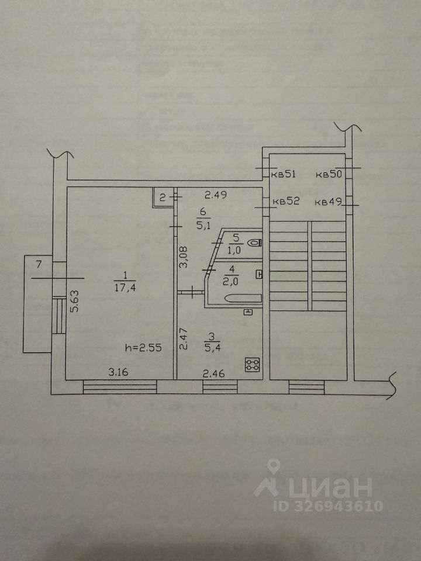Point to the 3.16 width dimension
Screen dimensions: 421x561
(x=117, y=370)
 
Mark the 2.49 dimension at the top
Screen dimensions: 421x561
(x=215, y=195)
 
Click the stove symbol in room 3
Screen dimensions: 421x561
(x=253, y=365)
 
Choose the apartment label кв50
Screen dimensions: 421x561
(x=328, y=174)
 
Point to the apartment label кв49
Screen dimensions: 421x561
(x=328, y=202)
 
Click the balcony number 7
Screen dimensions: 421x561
(x=39, y=265)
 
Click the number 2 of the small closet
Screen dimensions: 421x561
(x=163, y=197)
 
